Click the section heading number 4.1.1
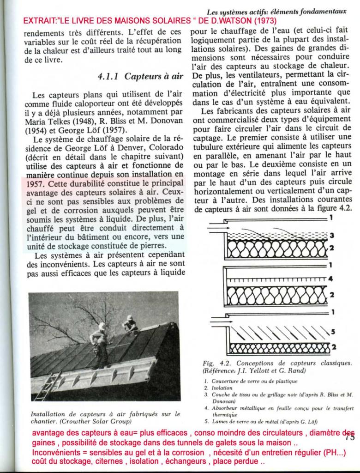pyautogui.click(x=108, y=76)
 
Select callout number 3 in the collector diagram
pyautogui.click(x=331, y=235)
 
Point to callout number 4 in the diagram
pyautogui.click(x=331, y=279)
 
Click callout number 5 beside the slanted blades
pyautogui.click(x=332, y=331)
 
